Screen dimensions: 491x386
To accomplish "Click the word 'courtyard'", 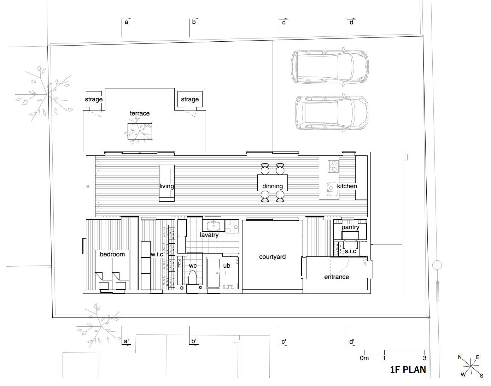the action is click(272, 257).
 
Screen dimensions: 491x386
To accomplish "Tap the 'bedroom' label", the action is click(112, 254).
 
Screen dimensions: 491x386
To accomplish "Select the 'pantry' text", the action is click(350, 227).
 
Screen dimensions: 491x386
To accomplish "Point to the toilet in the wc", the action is click(192, 278).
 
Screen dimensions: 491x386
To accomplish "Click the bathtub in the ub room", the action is click(213, 273).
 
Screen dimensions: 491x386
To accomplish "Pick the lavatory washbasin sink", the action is click(214, 226).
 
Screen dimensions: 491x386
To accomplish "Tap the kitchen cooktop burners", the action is click(333, 166).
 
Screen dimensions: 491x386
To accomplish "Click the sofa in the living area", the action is click(167, 183).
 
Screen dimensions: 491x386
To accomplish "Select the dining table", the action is click(273, 183).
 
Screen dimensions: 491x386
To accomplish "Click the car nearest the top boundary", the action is click(330, 67).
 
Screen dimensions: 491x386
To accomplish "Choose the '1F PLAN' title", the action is click(408, 370).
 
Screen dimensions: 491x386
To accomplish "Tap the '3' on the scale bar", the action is click(425, 358).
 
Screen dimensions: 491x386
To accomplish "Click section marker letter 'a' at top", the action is click(126, 22).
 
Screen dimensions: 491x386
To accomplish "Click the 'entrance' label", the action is click(337, 277).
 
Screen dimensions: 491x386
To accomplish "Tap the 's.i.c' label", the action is click(350, 251).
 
